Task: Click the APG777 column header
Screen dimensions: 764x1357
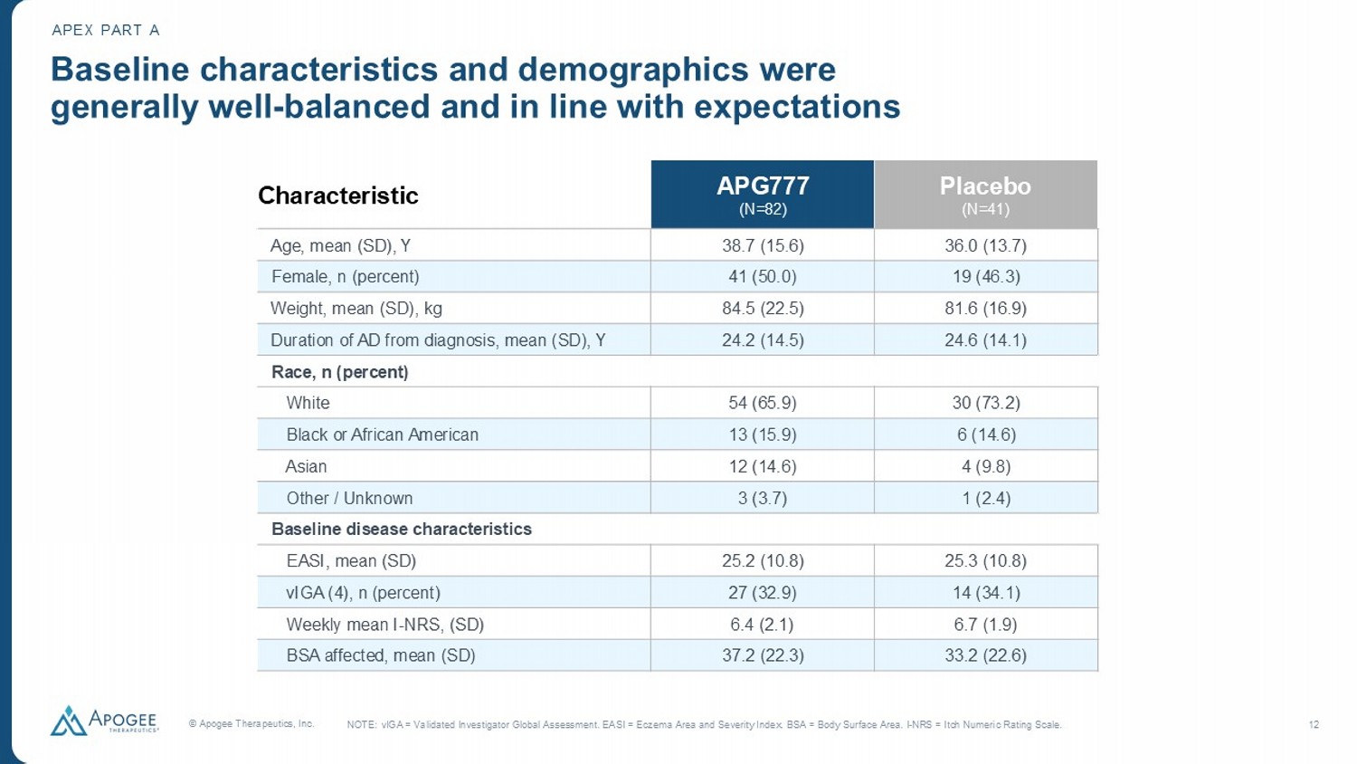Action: coord(763,195)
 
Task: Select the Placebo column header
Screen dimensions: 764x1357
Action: coord(985,195)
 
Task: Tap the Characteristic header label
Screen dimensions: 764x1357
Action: coord(338,196)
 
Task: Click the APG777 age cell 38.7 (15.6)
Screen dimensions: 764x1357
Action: coord(763,245)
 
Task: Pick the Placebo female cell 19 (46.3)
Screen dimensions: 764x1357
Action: coord(985,277)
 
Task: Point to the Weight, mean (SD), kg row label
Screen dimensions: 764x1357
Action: coord(356,309)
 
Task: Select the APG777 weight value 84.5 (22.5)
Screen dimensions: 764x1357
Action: coord(763,309)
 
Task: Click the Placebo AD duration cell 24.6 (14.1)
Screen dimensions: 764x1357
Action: coord(985,340)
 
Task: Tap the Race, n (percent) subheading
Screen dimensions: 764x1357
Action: coord(340,372)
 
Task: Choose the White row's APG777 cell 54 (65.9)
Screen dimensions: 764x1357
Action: coord(763,403)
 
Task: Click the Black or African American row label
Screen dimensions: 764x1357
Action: coord(382,435)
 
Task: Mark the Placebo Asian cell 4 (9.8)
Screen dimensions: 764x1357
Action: coord(985,466)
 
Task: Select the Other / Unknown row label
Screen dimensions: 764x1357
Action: coord(349,498)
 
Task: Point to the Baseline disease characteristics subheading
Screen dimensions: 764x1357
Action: coord(402,530)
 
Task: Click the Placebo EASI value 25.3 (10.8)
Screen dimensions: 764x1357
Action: coord(985,561)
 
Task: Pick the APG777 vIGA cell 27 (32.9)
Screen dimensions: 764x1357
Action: coord(763,593)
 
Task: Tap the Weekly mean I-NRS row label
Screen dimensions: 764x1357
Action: coord(384,625)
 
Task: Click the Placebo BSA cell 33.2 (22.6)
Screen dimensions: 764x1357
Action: coord(985,655)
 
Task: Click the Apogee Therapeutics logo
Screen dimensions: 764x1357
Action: coord(104,721)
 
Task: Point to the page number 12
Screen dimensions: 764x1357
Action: coord(1314,724)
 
